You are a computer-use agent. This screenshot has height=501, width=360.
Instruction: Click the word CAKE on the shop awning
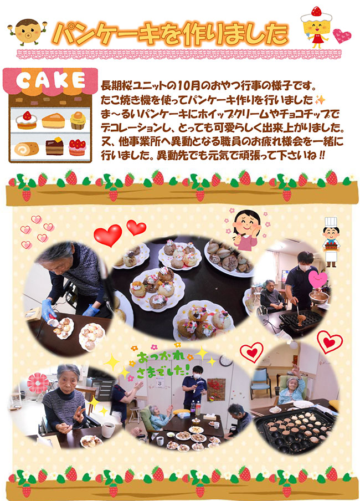tap(50, 80)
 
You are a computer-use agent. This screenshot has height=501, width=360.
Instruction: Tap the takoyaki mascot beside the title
tap(28, 32)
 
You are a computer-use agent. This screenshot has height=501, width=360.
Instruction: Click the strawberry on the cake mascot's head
tap(316, 11)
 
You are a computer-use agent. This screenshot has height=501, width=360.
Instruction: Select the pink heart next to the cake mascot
tap(342, 35)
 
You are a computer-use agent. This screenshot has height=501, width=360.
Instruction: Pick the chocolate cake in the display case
tap(54, 147)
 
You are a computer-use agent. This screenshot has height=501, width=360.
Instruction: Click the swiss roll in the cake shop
tap(27, 149)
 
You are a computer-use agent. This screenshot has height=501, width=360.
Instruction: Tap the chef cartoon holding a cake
tap(331, 242)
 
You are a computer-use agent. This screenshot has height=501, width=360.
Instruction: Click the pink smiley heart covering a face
tap(318, 279)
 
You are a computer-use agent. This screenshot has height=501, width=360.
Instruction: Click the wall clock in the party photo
tap(226, 360)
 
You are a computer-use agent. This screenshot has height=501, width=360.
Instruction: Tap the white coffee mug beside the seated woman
tap(108, 430)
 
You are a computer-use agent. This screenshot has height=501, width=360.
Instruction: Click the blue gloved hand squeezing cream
tap(49, 310)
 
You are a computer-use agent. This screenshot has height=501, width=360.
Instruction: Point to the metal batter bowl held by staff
tap(318, 297)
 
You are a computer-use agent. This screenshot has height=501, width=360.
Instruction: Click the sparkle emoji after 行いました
tap(320, 100)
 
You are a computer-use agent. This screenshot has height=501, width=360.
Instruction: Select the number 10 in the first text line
tap(184, 86)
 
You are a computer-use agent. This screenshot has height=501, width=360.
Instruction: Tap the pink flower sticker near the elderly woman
tap(38, 383)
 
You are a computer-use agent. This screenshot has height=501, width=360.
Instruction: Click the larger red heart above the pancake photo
tap(108, 235)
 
